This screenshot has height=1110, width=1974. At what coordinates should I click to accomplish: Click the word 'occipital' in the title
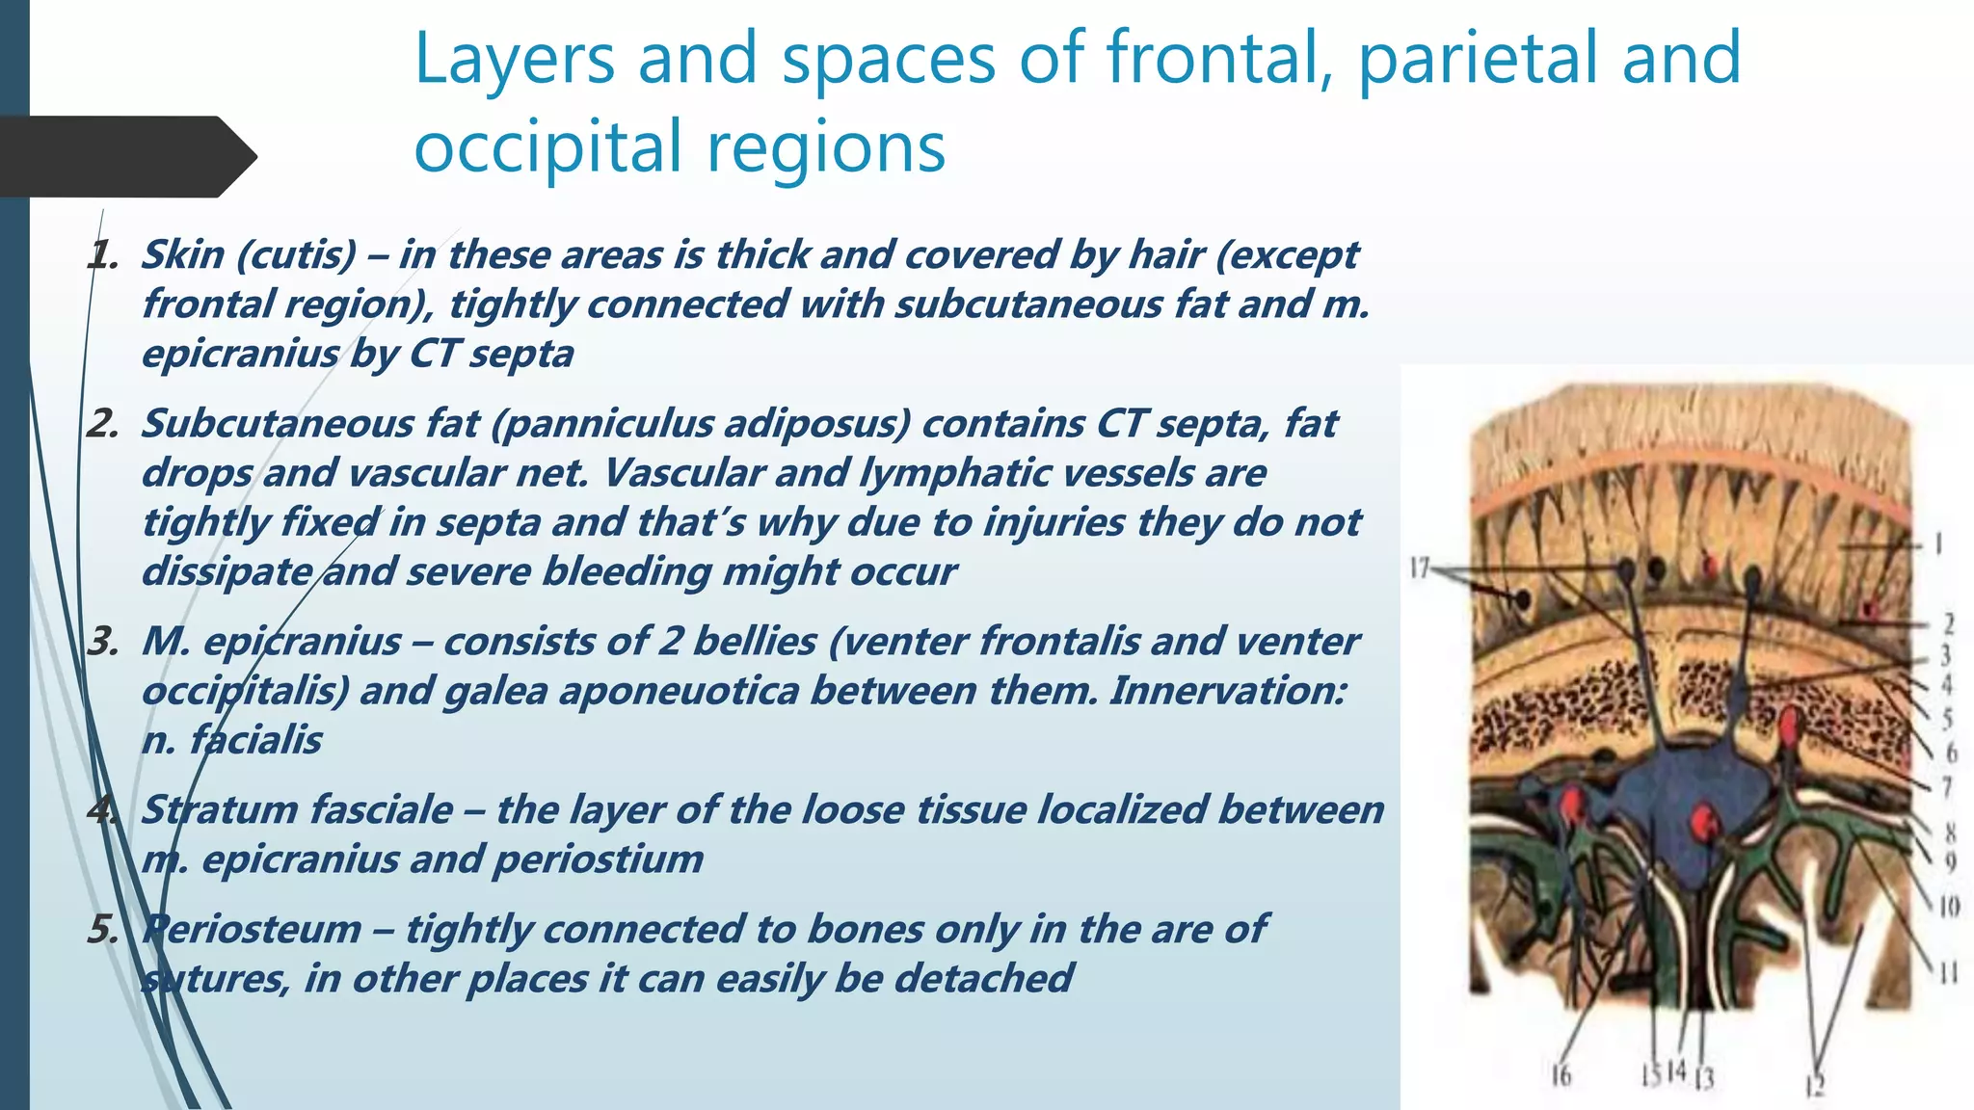coord(546,147)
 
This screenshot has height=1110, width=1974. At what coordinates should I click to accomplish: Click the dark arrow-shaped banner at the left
coord(125,156)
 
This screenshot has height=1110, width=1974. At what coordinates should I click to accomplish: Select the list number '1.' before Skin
coord(102,255)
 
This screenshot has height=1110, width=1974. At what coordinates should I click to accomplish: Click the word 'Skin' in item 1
coord(182,254)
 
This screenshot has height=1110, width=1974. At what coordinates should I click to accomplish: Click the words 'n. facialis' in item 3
coord(231,740)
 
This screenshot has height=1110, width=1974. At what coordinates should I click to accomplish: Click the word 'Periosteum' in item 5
coord(252,929)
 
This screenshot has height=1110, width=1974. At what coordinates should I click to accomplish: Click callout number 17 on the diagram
coord(1419,568)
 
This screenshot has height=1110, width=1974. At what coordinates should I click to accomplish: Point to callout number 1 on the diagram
coord(1937,544)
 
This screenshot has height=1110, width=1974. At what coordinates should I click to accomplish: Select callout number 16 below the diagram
coord(1561,1074)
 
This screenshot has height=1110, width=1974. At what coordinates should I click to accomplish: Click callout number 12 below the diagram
coord(1815,1086)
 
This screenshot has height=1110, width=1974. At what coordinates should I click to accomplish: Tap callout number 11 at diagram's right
coord(1948,973)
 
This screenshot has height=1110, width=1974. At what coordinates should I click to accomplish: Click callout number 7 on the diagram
coord(1946,787)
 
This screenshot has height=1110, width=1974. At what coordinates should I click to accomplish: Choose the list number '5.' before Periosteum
coord(102,930)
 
